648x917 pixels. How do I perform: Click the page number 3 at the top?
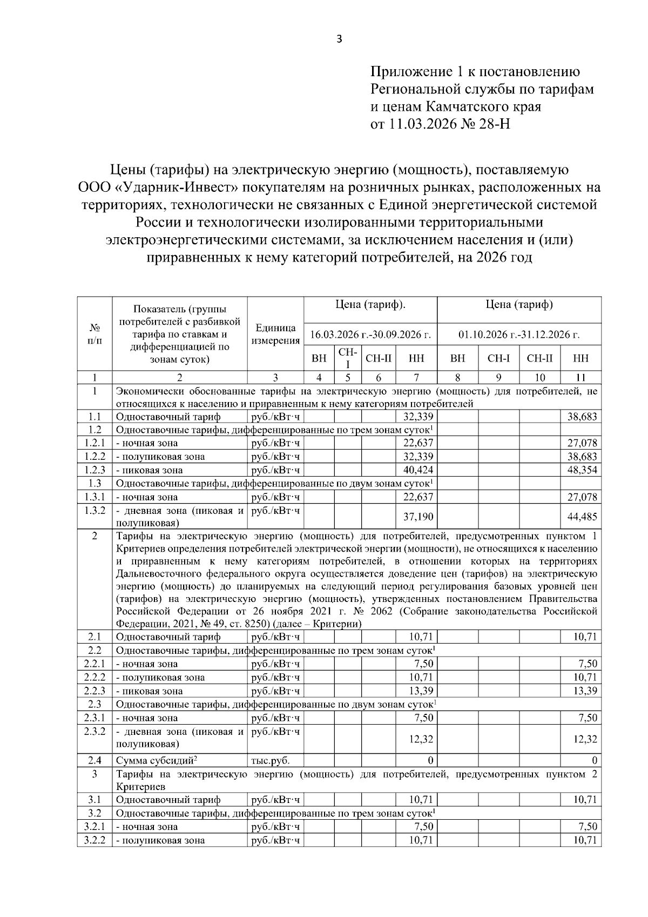(339, 39)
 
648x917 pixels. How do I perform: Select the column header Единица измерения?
(275, 334)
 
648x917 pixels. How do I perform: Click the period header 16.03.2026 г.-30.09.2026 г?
(370, 334)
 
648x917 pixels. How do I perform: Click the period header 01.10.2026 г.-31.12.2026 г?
(519, 334)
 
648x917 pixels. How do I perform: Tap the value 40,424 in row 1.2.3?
(418, 470)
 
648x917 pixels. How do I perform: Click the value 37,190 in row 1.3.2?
(418, 517)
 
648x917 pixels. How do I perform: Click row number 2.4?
(94, 760)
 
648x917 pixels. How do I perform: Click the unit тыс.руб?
(270, 760)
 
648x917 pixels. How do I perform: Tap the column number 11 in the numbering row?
(581, 378)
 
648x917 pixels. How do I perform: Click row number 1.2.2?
(94, 457)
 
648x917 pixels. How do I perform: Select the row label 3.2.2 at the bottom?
(94, 840)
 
